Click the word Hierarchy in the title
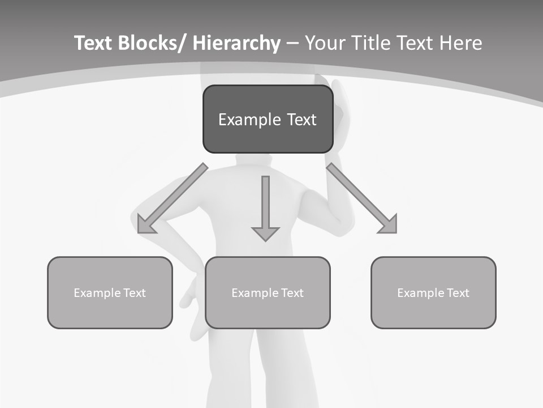point(236,43)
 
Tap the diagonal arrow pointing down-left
point(173,198)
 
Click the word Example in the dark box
point(242,120)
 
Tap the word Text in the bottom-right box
point(458,293)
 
